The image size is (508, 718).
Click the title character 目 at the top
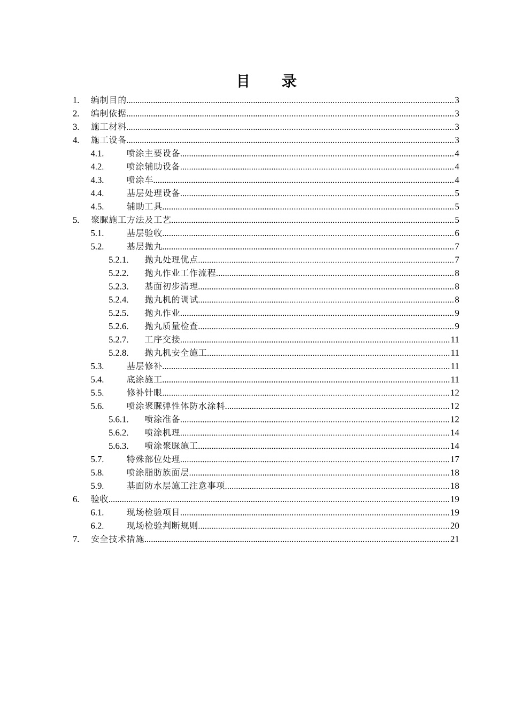(244, 81)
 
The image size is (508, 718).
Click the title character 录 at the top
(289, 81)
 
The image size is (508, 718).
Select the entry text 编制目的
(109, 100)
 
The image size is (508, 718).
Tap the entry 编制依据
(109, 113)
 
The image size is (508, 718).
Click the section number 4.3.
(97, 180)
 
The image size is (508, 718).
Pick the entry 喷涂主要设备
(153, 153)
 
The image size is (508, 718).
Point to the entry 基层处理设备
(153, 193)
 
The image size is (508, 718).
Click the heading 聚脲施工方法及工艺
(131, 220)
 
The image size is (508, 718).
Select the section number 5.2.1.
(118, 260)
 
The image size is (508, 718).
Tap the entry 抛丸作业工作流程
(180, 273)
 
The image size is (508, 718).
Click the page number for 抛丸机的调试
(457, 300)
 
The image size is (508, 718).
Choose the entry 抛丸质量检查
(171, 326)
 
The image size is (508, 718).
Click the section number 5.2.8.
(118, 353)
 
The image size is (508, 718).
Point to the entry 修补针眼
(144, 393)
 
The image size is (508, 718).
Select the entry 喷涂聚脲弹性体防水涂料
(176, 406)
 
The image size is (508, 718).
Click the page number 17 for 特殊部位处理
(455, 459)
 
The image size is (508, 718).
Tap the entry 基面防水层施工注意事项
(176, 486)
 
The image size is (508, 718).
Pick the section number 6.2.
(97, 526)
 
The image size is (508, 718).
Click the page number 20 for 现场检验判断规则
(455, 526)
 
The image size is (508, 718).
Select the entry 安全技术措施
(118, 539)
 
